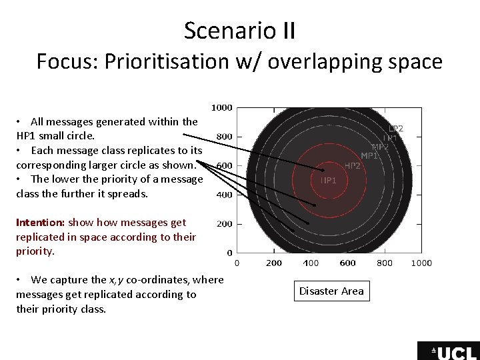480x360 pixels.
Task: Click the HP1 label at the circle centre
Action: pos(329,180)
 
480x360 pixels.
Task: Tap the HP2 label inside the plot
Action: pos(352,166)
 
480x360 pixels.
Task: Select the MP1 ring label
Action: pos(369,156)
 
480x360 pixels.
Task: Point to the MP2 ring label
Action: pos(380,147)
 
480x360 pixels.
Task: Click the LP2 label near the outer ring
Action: pos(395,128)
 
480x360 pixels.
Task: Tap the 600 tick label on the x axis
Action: pos(347,263)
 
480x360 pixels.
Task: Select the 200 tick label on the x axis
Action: pos(274,263)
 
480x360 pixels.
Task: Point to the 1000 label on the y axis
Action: pos(222,107)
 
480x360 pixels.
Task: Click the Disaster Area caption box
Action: pos(331,291)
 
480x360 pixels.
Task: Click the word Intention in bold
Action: pos(39,222)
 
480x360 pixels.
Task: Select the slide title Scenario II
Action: pos(240,31)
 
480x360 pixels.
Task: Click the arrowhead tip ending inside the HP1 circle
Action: pos(323,170)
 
